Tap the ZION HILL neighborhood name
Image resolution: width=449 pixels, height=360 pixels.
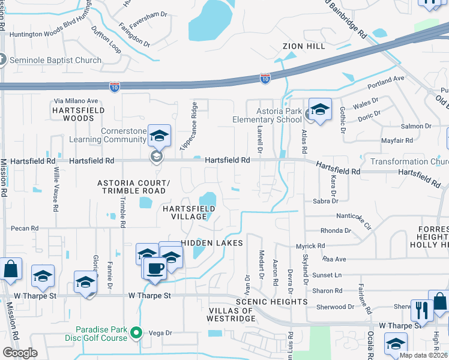(x=304, y=46)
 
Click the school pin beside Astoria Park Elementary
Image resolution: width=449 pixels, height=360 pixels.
(x=320, y=110)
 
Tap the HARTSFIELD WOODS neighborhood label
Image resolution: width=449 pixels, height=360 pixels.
(x=78, y=115)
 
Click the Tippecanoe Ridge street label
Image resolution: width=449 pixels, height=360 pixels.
(x=188, y=127)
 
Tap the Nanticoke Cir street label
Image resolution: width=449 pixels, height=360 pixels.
(x=355, y=217)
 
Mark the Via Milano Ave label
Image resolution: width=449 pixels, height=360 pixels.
(x=76, y=101)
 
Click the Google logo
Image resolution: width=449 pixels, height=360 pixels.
(x=20, y=353)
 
